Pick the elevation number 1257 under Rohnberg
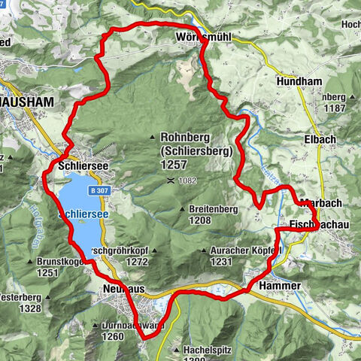[x=174, y=163]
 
